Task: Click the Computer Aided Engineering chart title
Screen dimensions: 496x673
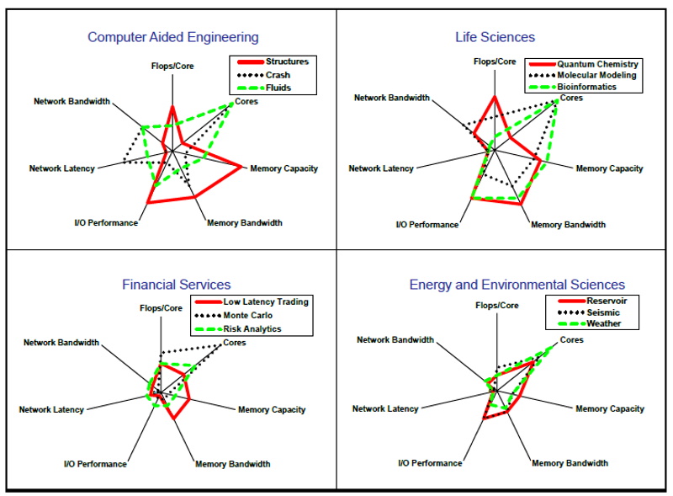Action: (x=173, y=37)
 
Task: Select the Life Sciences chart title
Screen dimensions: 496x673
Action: (x=495, y=37)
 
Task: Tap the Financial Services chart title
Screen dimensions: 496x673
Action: (x=176, y=285)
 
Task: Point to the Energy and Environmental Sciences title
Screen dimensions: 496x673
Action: (x=517, y=285)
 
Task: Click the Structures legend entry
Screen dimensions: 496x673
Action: (x=286, y=61)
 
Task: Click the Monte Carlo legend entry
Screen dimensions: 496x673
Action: (x=252, y=315)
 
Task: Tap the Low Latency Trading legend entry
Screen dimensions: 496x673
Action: (x=266, y=301)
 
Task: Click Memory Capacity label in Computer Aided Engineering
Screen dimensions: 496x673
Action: (x=284, y=168)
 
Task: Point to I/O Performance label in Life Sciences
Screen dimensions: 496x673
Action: (x=427, y=225)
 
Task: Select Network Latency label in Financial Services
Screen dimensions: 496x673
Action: (x=51, y=410)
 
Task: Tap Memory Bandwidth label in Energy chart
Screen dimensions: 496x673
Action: (x=570, y=463)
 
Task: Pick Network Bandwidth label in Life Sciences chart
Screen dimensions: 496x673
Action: (x=392, y=98)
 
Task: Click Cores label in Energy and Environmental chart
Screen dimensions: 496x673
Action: (x=572, y=340)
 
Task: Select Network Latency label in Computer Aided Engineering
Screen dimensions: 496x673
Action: (x=61, y=168)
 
